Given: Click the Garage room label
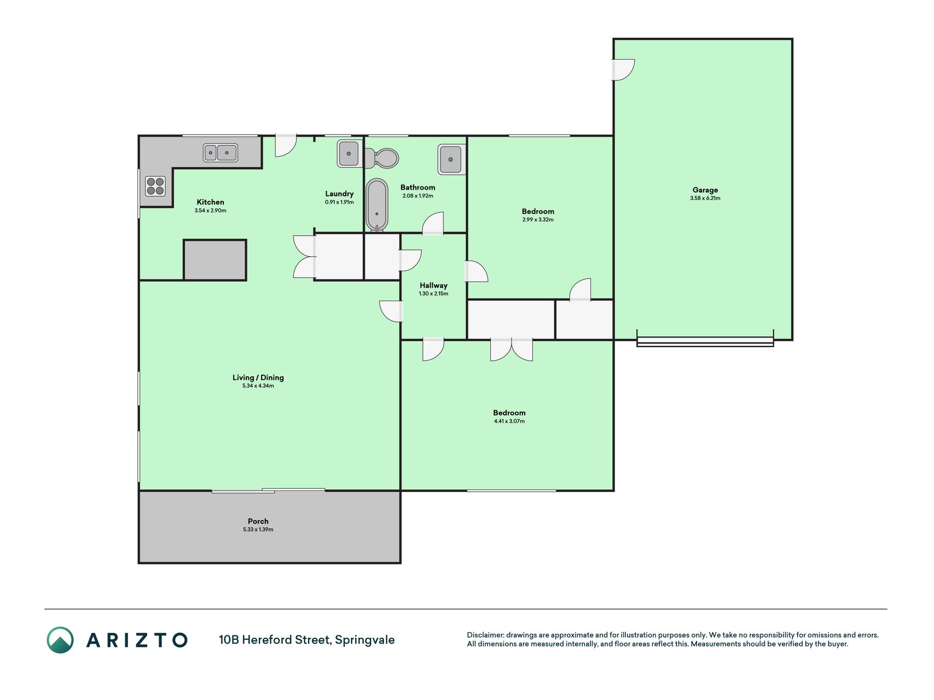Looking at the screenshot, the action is pyautogui.click(x=705, y=190).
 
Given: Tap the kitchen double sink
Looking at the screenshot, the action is pyautogui.click(x=221, y=153).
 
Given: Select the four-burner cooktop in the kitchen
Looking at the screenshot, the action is pyautogui.click(x=155, y=186).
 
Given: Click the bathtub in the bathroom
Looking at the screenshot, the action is pyautogui.click(x=376, y=205).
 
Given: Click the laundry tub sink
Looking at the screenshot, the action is pyautogui.click(x=348, y=153).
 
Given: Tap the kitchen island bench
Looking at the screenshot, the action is pyautogui.click(x=215, y=260).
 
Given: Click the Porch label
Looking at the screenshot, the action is pyautogui.click(x=258, y=521).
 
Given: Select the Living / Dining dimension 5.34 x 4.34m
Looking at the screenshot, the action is pyautogui.click(x=258, y=386).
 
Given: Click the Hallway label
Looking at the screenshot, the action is pyautogui.click(x=433, y=285).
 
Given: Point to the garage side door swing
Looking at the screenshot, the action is pyautogui.click(x=623, y=69).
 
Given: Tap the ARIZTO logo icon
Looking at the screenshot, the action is pyautogui.click(x=60, y=640).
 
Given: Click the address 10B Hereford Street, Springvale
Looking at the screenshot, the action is pyautogui.click(x=306, y=640).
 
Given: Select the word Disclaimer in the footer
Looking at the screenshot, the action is pyautogui.click(x=485, y=635).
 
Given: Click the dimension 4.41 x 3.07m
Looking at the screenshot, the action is pyautogui.click(x=509, y=422).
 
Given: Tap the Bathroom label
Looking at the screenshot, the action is pyautogui.click(x=417, y=188).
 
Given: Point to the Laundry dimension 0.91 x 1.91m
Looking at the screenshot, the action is pyautogui.click(x=339, y=202).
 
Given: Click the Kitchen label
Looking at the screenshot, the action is pyautogui.click(x=210, y=202).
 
